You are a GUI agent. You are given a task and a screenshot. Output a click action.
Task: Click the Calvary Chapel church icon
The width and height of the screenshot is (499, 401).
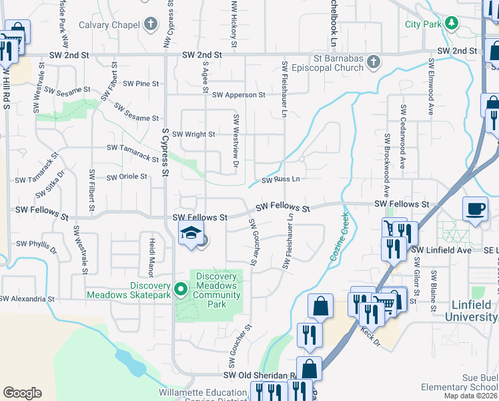click(151, 25)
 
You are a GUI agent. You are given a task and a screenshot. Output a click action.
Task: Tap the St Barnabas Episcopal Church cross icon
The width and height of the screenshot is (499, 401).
click(374, 62)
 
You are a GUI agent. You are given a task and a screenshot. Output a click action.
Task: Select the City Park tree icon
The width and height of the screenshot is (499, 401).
click(452, 24)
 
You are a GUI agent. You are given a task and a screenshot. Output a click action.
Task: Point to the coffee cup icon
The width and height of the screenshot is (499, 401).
click(475, 209)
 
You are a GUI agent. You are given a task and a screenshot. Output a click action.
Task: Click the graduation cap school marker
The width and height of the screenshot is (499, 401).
click(190, 234)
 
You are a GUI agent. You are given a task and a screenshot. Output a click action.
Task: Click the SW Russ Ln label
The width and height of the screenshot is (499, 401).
click(280, 180)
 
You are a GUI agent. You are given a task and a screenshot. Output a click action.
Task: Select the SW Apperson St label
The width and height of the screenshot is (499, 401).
click(239, 95)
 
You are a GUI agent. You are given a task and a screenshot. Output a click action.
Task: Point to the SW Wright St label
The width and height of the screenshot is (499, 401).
click(193, 134)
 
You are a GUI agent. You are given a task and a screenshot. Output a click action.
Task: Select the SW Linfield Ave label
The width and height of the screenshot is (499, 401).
click(441, 249)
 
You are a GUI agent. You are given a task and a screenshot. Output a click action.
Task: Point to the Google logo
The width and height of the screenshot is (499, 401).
click(22, 393)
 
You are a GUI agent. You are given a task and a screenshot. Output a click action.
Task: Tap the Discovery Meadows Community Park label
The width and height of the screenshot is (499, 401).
click(217, 290)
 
